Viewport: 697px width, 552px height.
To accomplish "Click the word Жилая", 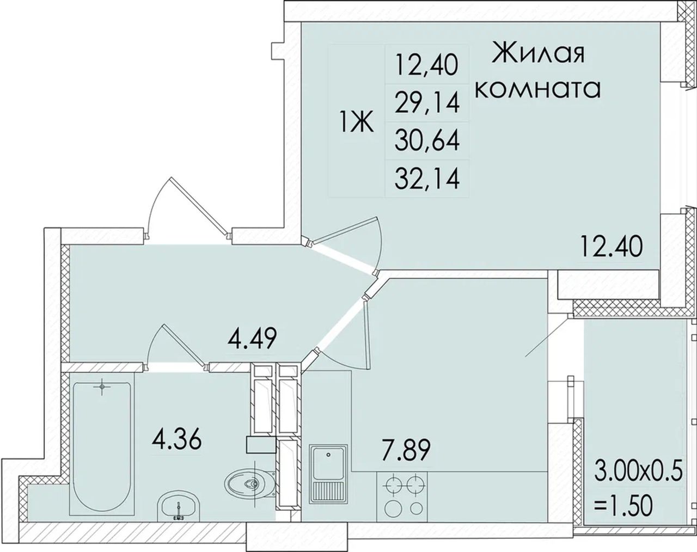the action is tap(539, 54).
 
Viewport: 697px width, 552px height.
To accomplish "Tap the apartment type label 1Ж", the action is tap(357, 121).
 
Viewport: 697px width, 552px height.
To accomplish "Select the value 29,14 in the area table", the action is tap(427, 103).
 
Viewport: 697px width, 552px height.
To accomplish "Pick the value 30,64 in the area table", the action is tap(427, 141).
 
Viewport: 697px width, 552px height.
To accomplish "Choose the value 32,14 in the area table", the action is tap(427, 179).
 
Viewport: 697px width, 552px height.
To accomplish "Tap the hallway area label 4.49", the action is tap(252, 338).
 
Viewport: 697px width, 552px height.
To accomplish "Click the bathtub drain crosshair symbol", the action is tap(102, 387).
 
